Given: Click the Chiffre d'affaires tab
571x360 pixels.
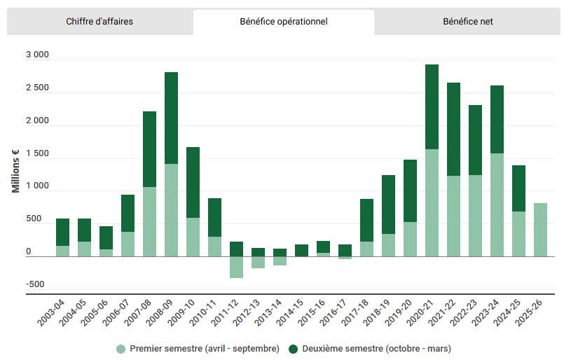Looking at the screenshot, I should (99, 22).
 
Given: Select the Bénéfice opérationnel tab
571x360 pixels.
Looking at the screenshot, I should (284, 22).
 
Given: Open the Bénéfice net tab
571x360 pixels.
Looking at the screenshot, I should (468, 22).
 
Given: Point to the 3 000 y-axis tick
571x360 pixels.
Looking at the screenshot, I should (37, 55).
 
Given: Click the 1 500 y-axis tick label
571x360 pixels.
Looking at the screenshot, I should (37, 154).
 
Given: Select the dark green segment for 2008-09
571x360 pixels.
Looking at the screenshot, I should (171, 118).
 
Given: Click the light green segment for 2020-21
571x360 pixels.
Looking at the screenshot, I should (432, 202).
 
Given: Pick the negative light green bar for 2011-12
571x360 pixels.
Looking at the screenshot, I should (236, 267).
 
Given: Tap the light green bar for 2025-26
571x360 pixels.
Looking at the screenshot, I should (540, 230).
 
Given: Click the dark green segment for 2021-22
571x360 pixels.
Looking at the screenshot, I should (453, 129).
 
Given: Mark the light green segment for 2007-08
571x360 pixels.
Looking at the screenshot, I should (149, 221).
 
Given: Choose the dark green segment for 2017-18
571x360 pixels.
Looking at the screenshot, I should (366, 220).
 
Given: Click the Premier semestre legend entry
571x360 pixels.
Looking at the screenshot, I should (198, 348).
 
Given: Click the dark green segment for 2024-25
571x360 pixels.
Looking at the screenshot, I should (518, 188).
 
